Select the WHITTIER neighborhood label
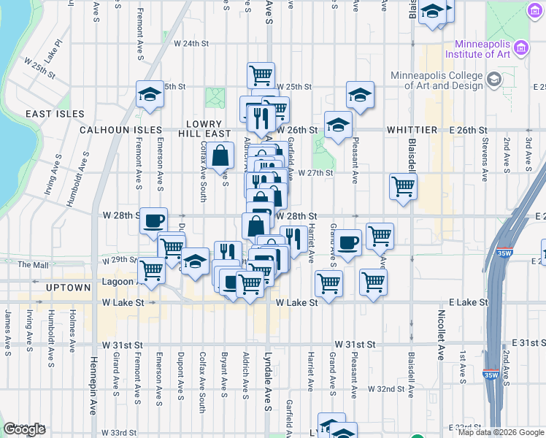(412, 130)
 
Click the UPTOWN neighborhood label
(67, 288)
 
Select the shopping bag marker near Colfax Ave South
(220, 155)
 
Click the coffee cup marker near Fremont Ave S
(153, 220)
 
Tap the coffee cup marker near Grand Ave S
(347, 243)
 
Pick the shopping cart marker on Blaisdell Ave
(403, 187)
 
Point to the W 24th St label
(185, 44)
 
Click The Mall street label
(32, 264)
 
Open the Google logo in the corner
(24, 429)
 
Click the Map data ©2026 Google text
(501, 432)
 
